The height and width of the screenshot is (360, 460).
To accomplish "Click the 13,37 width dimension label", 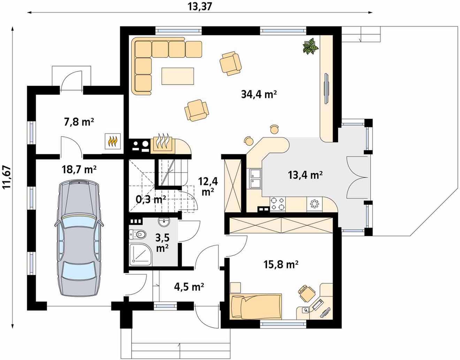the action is pos(200,7).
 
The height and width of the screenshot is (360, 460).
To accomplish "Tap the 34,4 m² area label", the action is pos(259,94).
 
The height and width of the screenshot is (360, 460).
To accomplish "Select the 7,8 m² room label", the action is pos(79,122).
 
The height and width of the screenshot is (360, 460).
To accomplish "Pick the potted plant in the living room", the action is pos(310,46).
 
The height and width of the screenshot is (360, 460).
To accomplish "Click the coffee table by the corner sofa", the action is pos(178,76).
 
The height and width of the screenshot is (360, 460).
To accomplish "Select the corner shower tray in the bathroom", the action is pos(140,254).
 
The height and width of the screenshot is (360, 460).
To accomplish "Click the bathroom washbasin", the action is pos(164,222).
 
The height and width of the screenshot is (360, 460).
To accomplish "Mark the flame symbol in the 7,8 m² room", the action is pos(113,141).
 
